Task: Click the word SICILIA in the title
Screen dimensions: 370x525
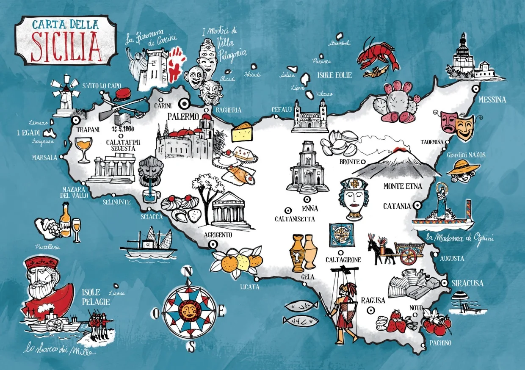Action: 66,46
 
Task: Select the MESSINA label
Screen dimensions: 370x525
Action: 492,100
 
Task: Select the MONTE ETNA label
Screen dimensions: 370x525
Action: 402,186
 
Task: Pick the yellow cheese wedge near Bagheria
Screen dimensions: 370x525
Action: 242,132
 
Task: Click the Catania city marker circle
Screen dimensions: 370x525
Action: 417,205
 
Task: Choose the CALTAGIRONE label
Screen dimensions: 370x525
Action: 343,260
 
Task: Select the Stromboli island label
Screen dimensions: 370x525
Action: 340,43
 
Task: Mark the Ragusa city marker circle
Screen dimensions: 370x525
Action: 371,310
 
